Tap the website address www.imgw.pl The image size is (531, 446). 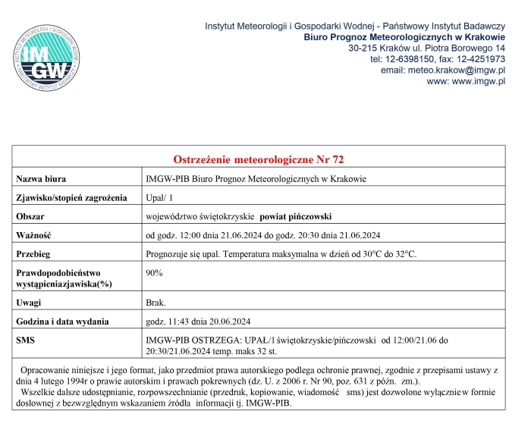(x=478, y=81)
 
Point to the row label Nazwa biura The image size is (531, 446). (x=42, y=179)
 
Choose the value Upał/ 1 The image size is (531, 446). (x=160, y=198)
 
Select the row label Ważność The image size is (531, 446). (x=33, y=234)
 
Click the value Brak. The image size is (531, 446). (x=156, y=302)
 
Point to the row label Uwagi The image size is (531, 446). (x=30, y=302)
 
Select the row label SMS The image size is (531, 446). (x=27, y=339)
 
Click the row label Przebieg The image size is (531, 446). (x=33, y=253)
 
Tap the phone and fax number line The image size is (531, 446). (x=437, y=58)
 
